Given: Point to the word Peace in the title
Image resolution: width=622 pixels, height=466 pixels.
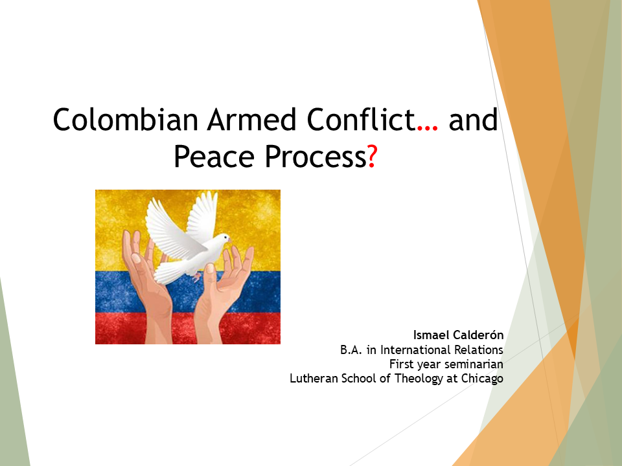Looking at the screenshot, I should (211, 157).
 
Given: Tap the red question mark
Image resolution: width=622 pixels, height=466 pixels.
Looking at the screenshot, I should (371, 157).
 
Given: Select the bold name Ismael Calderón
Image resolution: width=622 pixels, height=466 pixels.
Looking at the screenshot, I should (458, 335).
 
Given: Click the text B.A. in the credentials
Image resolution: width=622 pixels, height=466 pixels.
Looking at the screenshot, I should (353, 350).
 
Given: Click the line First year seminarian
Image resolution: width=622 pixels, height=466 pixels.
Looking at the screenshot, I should (446, 364).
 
